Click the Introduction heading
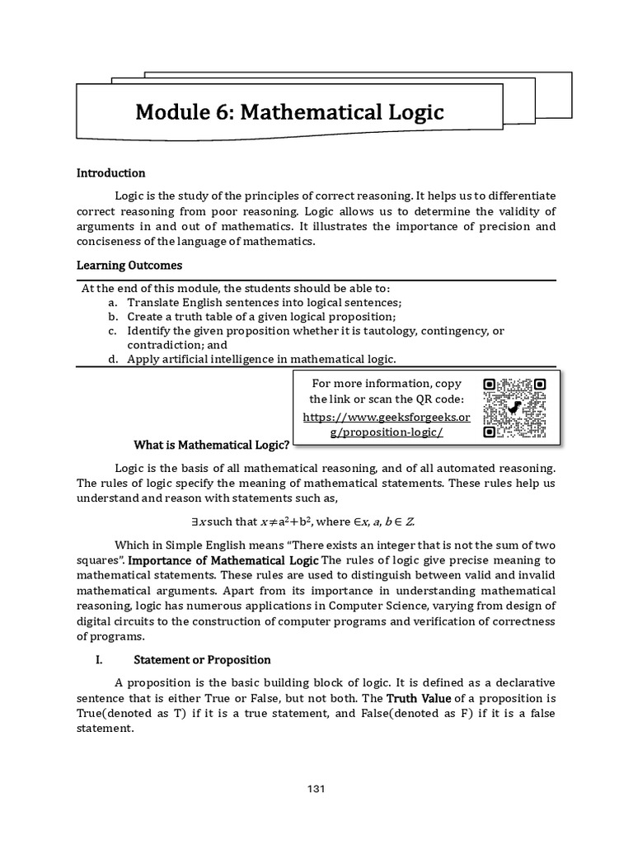click(x=110, y=173)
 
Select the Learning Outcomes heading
click(x=129, y=266)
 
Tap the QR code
click(x=515, y=408)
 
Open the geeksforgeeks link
click(x=387, y=425)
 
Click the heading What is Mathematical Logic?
click(x=211, y=445)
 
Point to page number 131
click(x=316, y=789)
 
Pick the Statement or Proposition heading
click(x=202, y=660)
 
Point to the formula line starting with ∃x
click(x=316, y=522)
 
